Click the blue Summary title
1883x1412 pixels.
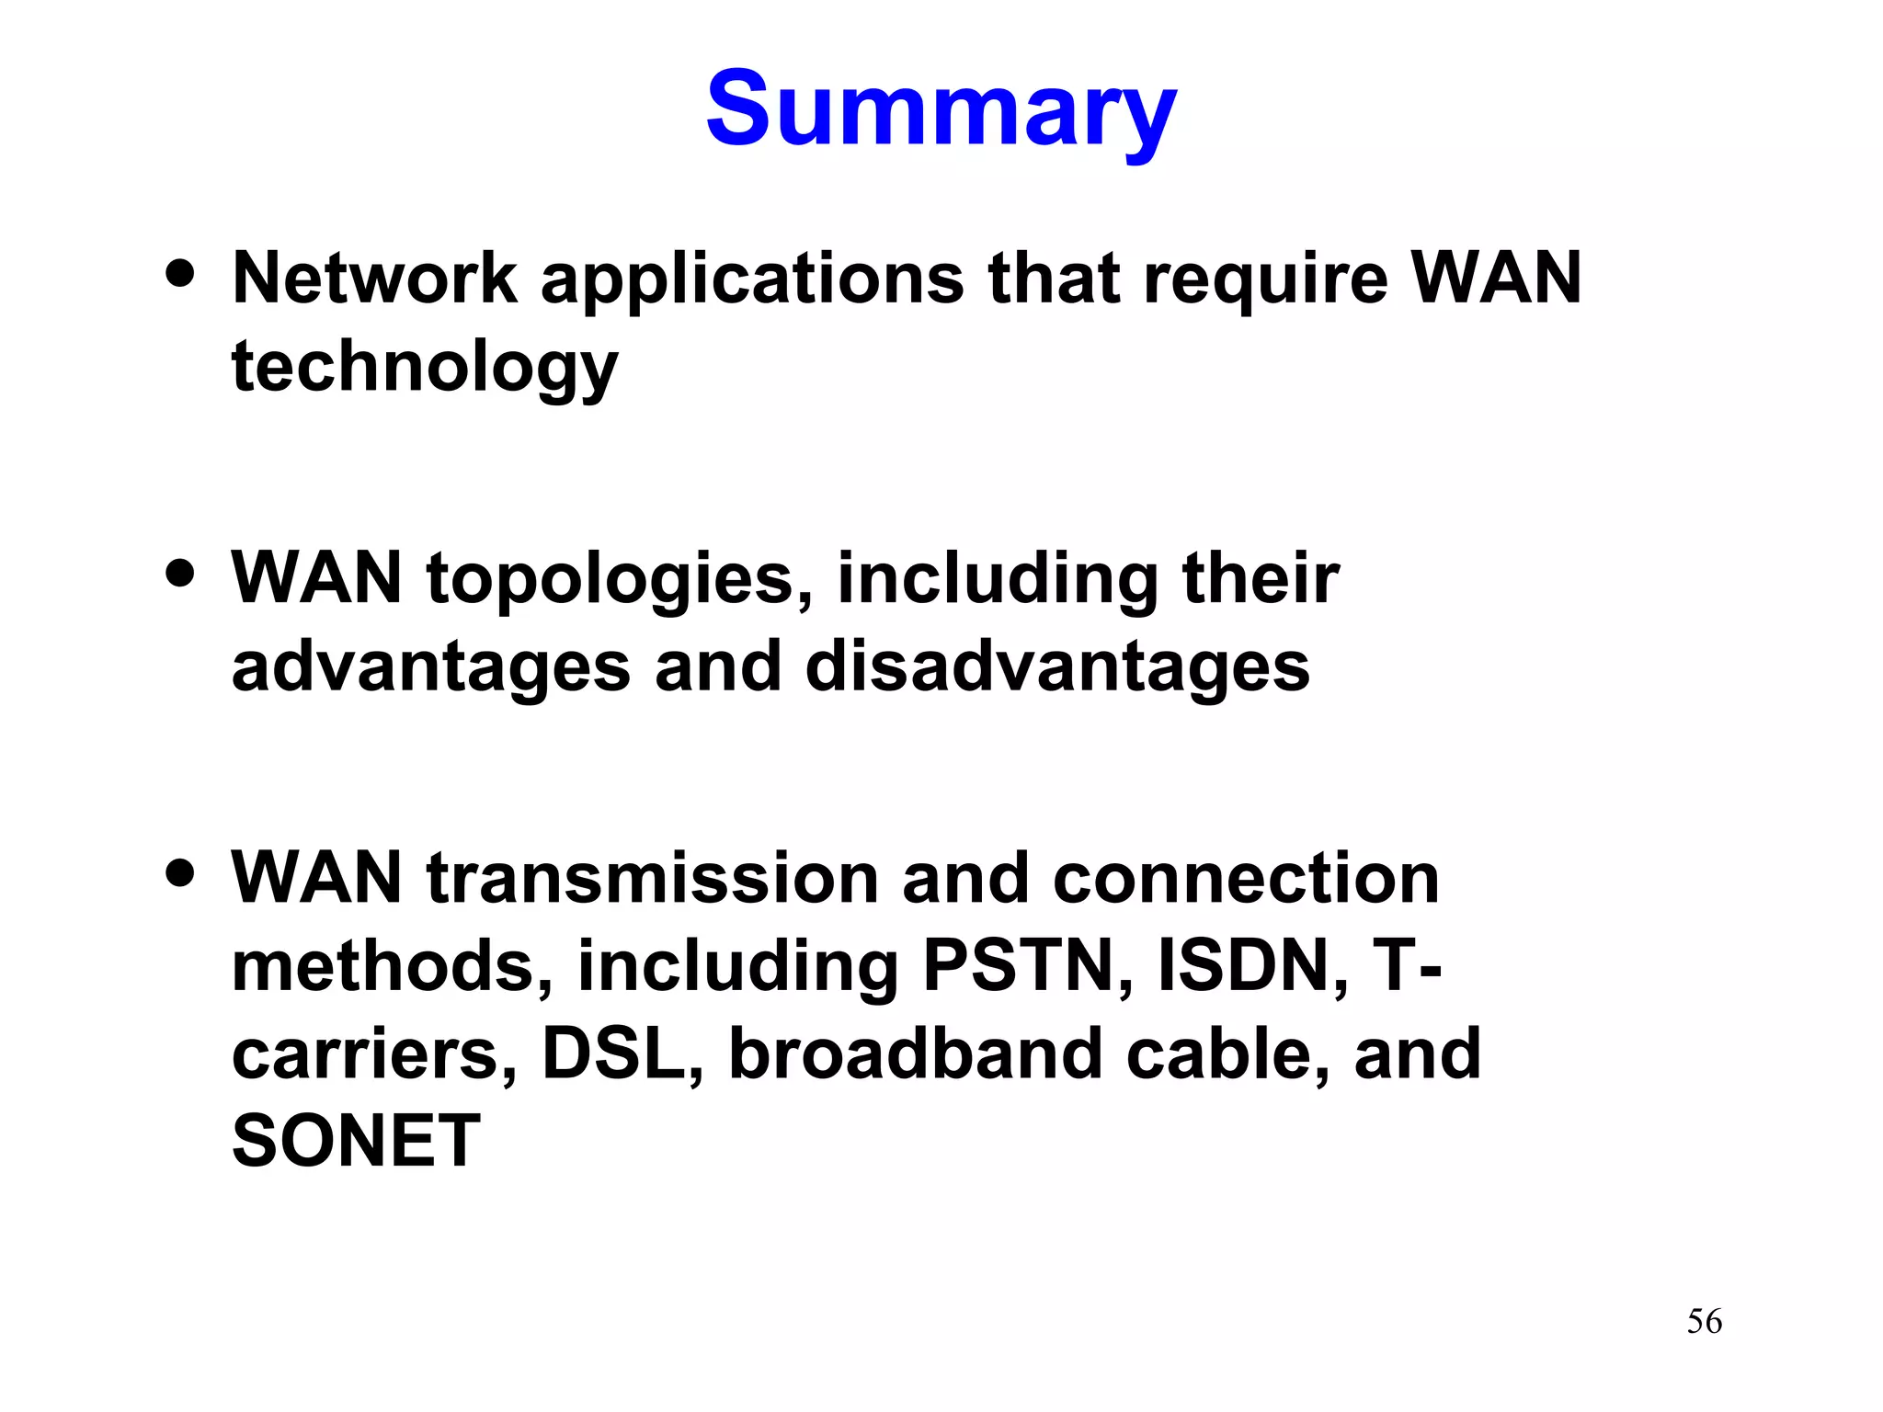pyautogui.click(x=941, y=110)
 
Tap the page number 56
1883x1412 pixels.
pyautogui.click(x=1704, y=1322)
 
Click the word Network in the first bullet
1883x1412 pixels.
pyautogui.click(x=375, y=278)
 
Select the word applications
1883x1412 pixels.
pyautogui.click(x=752, y=279)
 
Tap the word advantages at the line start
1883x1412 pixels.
pyautogui.click(x=430, y=668)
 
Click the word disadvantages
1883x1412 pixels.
pyautogui.click(x=1057, y=666)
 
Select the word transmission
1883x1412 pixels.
pyautogui.click(x=653, y=879)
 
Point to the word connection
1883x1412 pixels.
pyautogui.click(x=1246, y=879)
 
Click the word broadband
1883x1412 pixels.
pyautogui.click(x=915, y=1053)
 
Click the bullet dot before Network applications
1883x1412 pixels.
pyautogui.click(x=181, y=273)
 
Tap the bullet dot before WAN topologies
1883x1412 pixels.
pyautogui.click(x=181, y=573)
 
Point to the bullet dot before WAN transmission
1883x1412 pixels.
pyautogui.click(x=181, y=871)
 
